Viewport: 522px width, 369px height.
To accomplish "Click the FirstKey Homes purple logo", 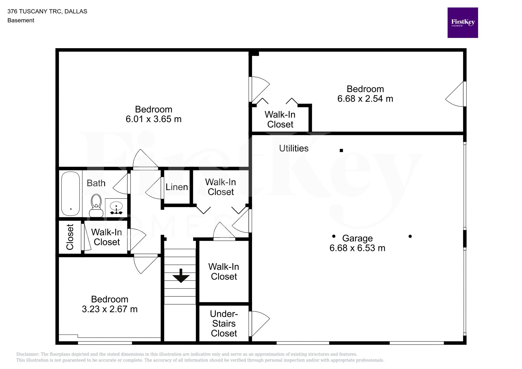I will tap(462, 23).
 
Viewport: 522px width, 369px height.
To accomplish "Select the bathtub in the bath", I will tap(71, 194).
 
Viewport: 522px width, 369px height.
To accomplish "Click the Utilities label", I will tap(294, 148).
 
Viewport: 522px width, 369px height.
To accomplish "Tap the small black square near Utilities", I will tap(341, 150).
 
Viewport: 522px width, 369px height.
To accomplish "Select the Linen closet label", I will tap(177, 187).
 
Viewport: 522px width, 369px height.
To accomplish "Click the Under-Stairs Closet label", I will tap(224, 324).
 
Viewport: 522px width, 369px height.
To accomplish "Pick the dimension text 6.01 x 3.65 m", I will tap(153, 119).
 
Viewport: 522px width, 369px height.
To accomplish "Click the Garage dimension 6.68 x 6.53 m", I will tap(357, 248).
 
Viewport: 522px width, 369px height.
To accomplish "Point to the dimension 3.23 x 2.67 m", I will tap(110, 309).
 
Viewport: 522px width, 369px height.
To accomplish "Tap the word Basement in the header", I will tap(21, 20).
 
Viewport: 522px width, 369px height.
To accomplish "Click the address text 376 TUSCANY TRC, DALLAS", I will tap(47, 11).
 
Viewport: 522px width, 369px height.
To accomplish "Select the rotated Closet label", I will tap(70, 237).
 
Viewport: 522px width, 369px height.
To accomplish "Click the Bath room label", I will tap(96, 183).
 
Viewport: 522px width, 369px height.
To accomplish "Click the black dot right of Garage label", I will tap(410, 236).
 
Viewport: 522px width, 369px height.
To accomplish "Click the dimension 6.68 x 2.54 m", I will tap(365, 99).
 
